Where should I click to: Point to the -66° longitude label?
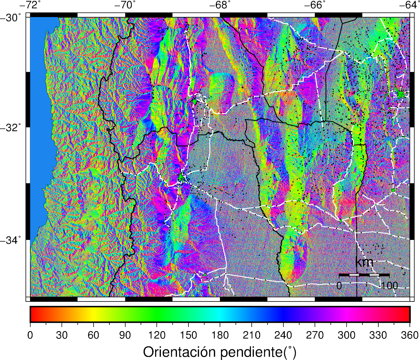(314, 5)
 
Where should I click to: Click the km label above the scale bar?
(364, 262)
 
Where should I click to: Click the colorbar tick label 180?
(220, 335)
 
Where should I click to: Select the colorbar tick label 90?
(125, 335)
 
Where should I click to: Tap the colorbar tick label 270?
(315, 335)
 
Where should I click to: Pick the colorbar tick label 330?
(378, 335)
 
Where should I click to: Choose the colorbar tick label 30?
(62, 335)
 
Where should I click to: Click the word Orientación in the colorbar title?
(180, 352)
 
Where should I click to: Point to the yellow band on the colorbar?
(93, 314)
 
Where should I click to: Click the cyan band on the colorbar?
(220, 314)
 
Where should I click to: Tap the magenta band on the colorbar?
(346, 314)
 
